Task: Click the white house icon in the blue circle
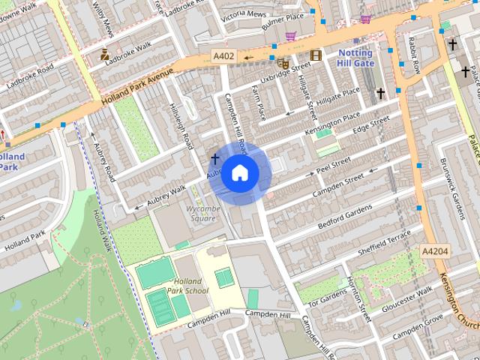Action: pos(239,173)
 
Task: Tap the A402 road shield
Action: pos(223,56)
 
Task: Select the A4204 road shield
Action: pos(434,251)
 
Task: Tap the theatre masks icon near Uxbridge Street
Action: pos(283,64)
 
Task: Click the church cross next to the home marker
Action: pos(215,159)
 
